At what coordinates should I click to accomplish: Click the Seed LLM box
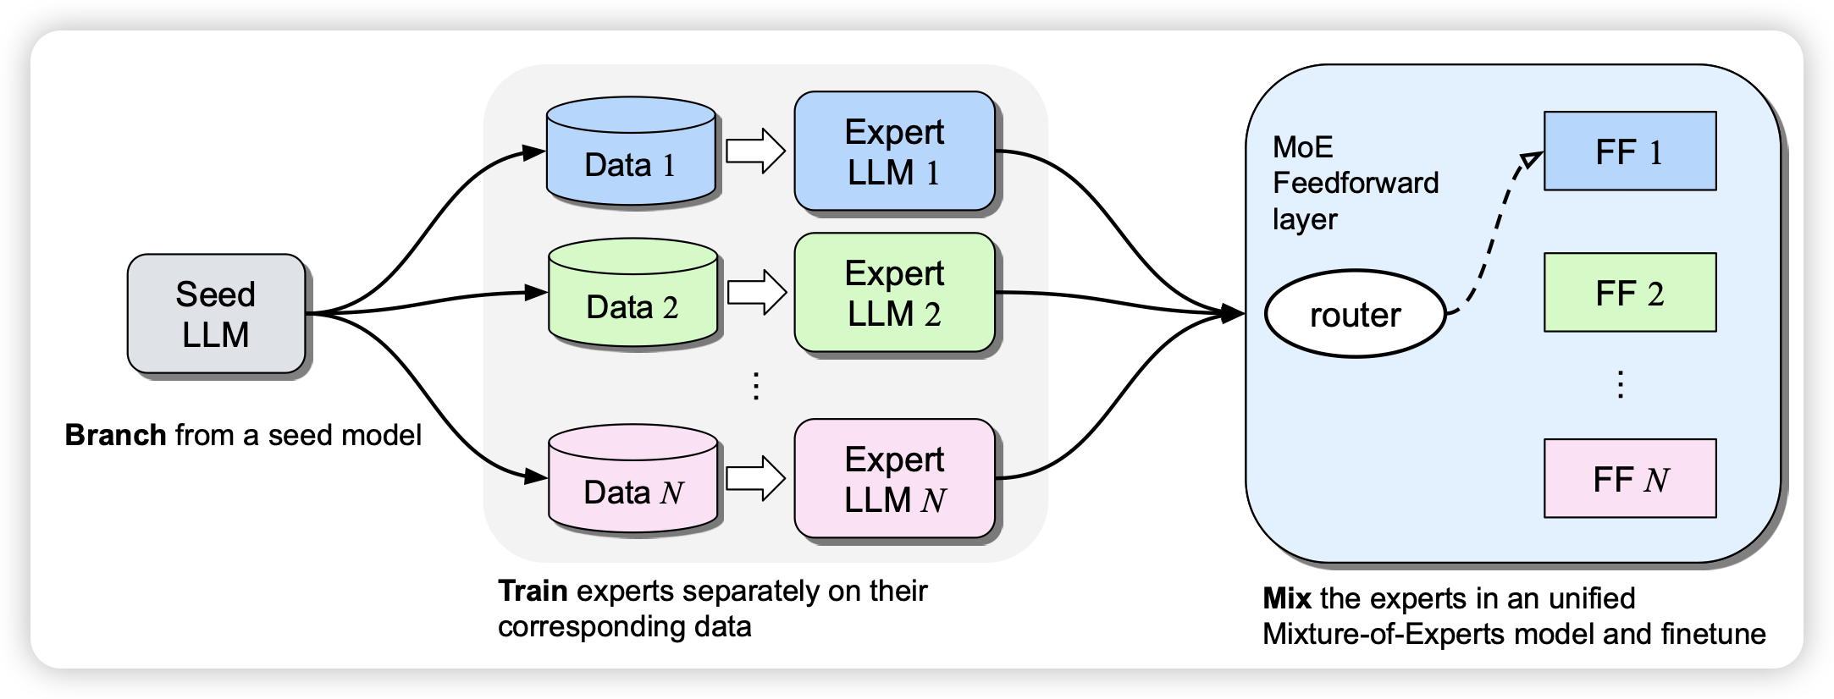(216, 314)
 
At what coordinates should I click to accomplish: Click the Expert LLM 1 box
(894, 151)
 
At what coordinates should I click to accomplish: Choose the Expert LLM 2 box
(894, 293)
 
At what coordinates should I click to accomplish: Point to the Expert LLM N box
(894, 479)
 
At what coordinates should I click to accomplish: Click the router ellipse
(1355, 314)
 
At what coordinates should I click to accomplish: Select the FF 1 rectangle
(1630, 151)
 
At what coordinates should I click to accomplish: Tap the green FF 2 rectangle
(1630, 293)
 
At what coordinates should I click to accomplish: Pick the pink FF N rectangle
(1630, 479)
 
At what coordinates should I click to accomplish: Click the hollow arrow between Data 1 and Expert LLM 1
(756, 151)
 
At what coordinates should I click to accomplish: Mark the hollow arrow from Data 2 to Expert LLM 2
(757, 293)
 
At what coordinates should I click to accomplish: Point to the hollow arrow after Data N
(756, 479)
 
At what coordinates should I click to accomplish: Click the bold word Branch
(116, 435)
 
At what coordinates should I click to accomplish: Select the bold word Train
(533, 591)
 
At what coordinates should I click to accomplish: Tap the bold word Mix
(1287, 599)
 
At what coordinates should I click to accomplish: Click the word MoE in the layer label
(1303, 148)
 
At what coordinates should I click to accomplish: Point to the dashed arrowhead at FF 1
(1532, 160)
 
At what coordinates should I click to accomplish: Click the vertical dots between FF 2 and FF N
(1620, 384)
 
